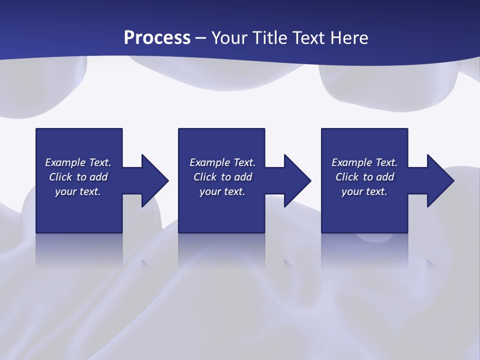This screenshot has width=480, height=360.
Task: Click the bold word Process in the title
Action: click(x=157, y=37)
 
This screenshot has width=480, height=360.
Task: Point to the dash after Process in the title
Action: click(x=201, y=38)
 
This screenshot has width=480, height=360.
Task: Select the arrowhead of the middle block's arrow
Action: click(x=298, y=180)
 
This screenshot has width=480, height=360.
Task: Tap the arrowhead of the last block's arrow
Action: click(x=440, y=180)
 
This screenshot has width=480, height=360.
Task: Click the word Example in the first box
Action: click(x=65, y=162)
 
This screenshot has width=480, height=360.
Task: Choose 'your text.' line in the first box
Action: click(x=78, y=191)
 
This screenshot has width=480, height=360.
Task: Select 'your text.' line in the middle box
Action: click(x=222, y=191)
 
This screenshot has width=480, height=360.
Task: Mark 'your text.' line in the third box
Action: click(x=364, y=191)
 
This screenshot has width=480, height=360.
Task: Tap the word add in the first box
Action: click(x=99, y=177)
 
